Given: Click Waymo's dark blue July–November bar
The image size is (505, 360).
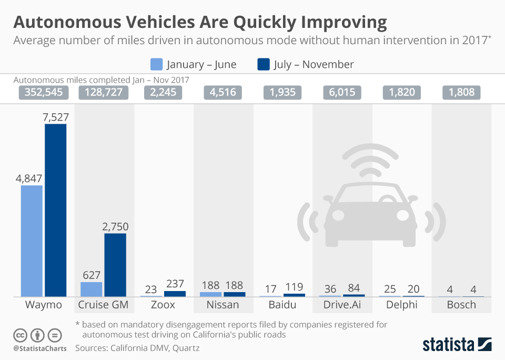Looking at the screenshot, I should point(55,210).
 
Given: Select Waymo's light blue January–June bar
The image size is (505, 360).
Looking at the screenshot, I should point(32,241).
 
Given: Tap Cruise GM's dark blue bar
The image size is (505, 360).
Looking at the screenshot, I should point(115,265).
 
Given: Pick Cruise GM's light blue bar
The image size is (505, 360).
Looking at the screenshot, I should point(91,289).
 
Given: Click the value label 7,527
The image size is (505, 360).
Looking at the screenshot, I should point(55,117).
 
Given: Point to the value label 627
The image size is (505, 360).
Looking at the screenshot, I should point(91,275).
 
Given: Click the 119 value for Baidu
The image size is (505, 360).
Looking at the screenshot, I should point(294,287).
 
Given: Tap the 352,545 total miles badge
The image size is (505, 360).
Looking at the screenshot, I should point(44,93).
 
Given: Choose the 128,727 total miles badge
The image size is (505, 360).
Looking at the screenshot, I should point(103,93).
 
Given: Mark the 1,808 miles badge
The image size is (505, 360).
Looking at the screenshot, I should point(461,93).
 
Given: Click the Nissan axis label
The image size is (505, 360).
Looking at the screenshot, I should point(222,305).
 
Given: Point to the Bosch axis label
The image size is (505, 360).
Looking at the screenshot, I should point(461,305).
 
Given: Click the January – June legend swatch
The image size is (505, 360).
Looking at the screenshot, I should point(156,64).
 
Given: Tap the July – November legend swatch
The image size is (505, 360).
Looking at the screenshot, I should point(263,64).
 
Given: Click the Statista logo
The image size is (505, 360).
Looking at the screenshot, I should point(457,345).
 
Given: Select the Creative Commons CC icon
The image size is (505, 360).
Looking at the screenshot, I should point(20,335).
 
